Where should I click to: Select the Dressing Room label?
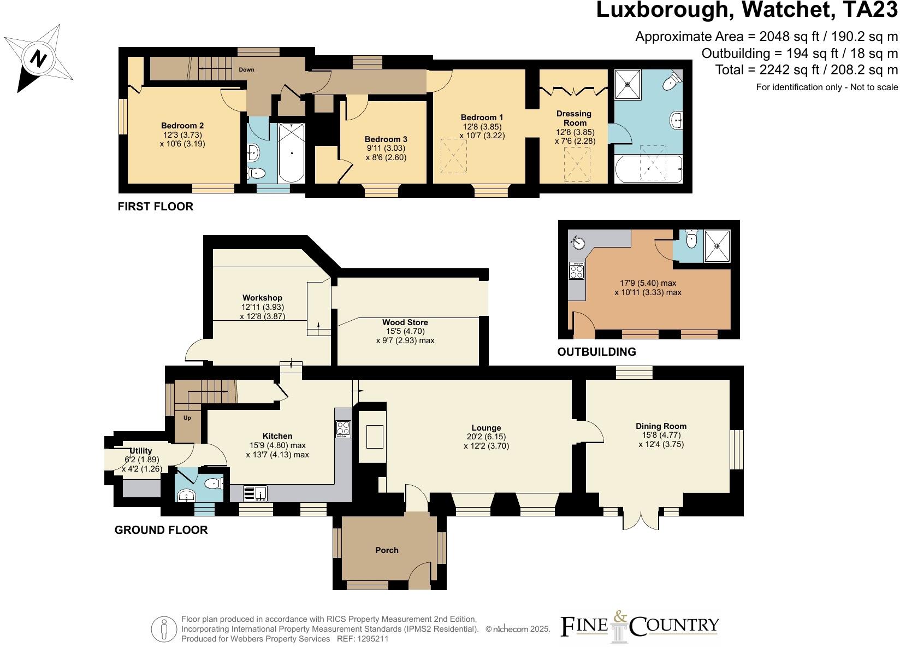click(x=574, y=118)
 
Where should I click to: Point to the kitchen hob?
click(x=343, y=428)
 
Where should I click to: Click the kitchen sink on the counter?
click(x=254, y=493)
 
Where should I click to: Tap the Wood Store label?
click(x=405, y=322)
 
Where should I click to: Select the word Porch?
click(x=387, y=550)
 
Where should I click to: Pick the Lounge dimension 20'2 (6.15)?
click(x=486, y=437)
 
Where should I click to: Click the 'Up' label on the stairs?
click(x=187, y=418)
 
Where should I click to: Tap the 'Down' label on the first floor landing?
click(x=246, y=70)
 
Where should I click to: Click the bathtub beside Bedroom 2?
click(x=292, y=153)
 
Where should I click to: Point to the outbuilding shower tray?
click(x=717, y=245)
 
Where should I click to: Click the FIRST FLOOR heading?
click(x=156, y=207)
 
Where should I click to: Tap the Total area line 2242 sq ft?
click(x=806, y=70)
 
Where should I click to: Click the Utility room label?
click(x=141, y=451)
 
